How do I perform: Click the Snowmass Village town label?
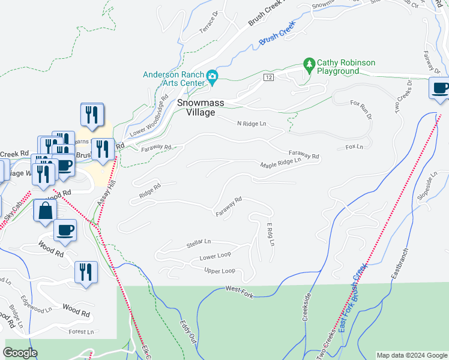(200, 107)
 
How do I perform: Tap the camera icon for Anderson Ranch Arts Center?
(212, 77)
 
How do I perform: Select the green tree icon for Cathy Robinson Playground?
(309, 64)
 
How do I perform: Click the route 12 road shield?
(268, 78)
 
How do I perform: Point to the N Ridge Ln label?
(251, 123)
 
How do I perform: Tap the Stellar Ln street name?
(199, 242)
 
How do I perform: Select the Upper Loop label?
(219, 271)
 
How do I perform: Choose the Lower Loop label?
(215, 256)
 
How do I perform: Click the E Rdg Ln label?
(271, 234)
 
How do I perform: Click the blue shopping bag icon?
(45, 211)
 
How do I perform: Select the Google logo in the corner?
(20, 353)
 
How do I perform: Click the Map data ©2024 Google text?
(411, 355)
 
